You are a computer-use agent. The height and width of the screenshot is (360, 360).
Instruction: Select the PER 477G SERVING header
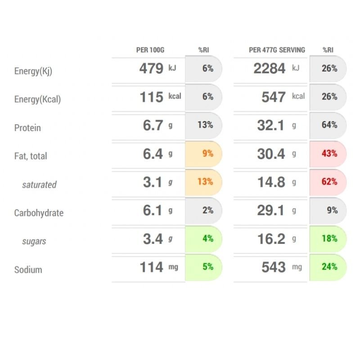click(x=277, y=49)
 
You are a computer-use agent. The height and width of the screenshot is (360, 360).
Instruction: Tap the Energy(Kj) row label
click(x=33, y=71)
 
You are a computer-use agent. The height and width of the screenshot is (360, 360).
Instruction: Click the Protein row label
click(x=27, y=128)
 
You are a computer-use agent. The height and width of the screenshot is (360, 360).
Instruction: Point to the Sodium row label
click(x=28, y=270)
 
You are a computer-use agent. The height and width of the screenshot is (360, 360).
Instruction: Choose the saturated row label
click(x=39, y=184)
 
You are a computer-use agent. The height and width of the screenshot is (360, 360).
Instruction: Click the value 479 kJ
click(x=157, y=69)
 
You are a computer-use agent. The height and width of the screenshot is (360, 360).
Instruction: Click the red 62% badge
click(x=329, y=182)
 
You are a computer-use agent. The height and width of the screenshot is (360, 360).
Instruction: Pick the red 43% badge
click(x=329, y=153)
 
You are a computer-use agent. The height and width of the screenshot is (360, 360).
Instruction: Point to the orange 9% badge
click(x=207, y=153)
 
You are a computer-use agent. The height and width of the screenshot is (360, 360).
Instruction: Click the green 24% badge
click(x=329, y=267)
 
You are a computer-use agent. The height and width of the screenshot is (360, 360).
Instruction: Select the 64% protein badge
click(x=329, y=125)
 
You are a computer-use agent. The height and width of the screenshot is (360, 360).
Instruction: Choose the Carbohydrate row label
click(x=39, y=213)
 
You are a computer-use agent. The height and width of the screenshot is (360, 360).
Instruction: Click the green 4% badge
click(x=207, y=238)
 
